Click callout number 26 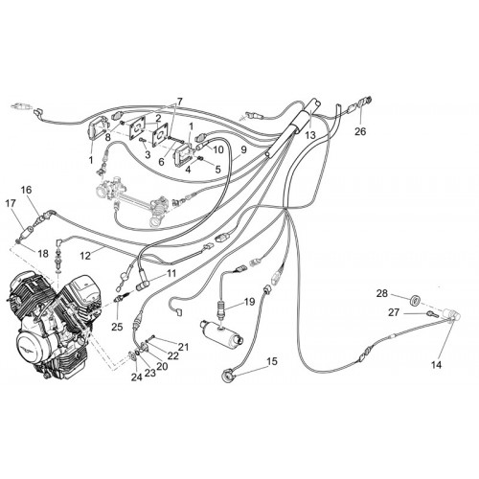(360, 131)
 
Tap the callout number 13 (310, 135)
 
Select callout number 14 (436, 365)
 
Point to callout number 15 (272, 362)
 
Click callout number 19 (250, 302)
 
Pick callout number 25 (117, 327)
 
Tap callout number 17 (11, 203)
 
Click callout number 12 (85, 256)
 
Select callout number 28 (381, 293)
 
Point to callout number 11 (171, 273)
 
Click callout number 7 (179, 102)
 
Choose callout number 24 (136, 377)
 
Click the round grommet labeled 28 (415, 300)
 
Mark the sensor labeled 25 (121, 298)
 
